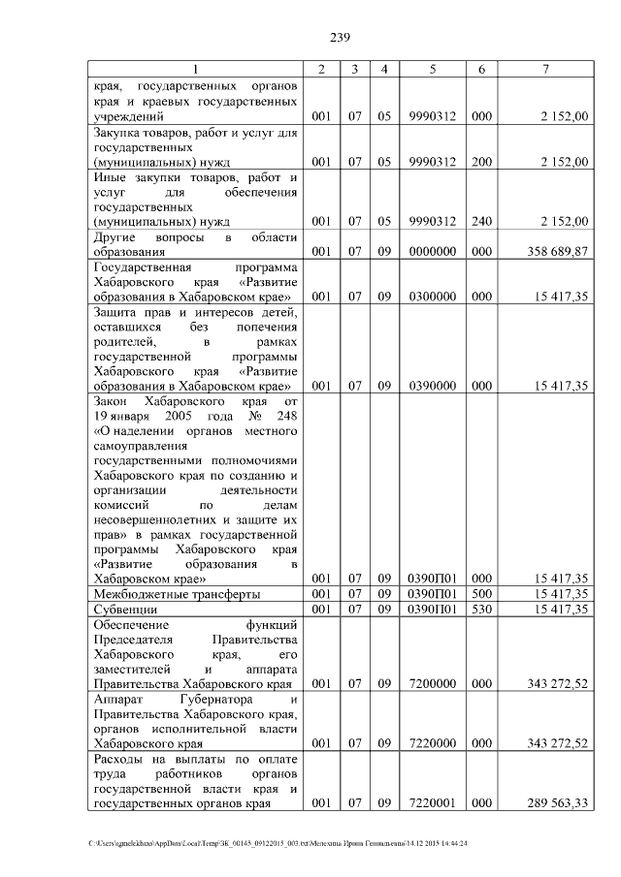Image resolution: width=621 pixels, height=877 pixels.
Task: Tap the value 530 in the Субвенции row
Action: click(x=480, y=610)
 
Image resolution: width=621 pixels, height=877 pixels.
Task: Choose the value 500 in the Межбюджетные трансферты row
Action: click(x=480, y=593)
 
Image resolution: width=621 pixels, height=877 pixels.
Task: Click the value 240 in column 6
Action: click(x=480, y=221)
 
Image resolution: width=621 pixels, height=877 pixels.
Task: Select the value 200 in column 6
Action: click(x=480, y=162)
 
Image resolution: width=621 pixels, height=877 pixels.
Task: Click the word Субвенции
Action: click(x=124, y=610)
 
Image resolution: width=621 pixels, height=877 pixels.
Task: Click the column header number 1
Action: click(x=194, y=70)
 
